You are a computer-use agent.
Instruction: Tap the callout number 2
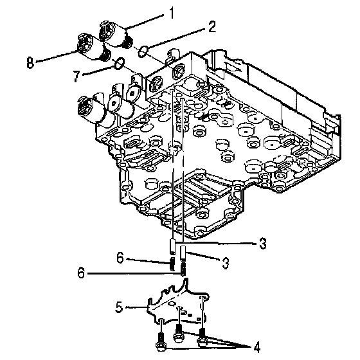(x=212, y=26)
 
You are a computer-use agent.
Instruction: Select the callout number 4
(x=257, y=347)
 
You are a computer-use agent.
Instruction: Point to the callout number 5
(x=119, y=307)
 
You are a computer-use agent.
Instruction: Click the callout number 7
(x=76, y=76)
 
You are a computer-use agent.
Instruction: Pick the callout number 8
(x=30, y=62)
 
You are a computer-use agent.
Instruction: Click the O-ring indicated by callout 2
(x=143, y=51)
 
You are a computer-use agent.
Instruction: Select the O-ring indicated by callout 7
(x=120, y=63)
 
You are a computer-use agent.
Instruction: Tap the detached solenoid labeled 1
(x=116, y=35)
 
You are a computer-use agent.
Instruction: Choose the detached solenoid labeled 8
(x=94, y=48)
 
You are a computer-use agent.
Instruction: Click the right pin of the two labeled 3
(x=183, y=253)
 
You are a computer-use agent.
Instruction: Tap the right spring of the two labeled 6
(x=183, y=269)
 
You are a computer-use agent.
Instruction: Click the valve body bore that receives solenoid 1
(x=179, y=71)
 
